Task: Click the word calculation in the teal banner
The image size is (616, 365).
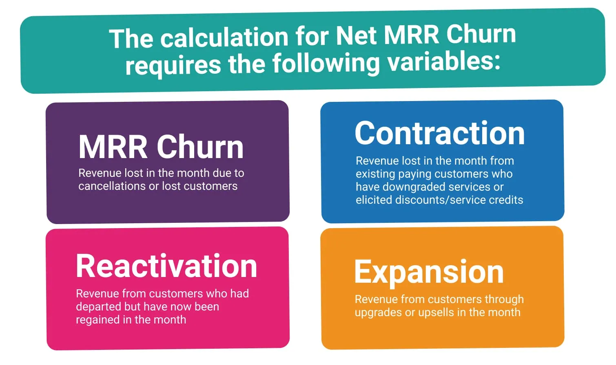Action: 224,37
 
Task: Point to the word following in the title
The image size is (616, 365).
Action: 326,64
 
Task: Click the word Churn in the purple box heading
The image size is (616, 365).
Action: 200,147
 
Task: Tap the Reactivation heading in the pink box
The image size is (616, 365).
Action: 166,266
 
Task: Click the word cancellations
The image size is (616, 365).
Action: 112,186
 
